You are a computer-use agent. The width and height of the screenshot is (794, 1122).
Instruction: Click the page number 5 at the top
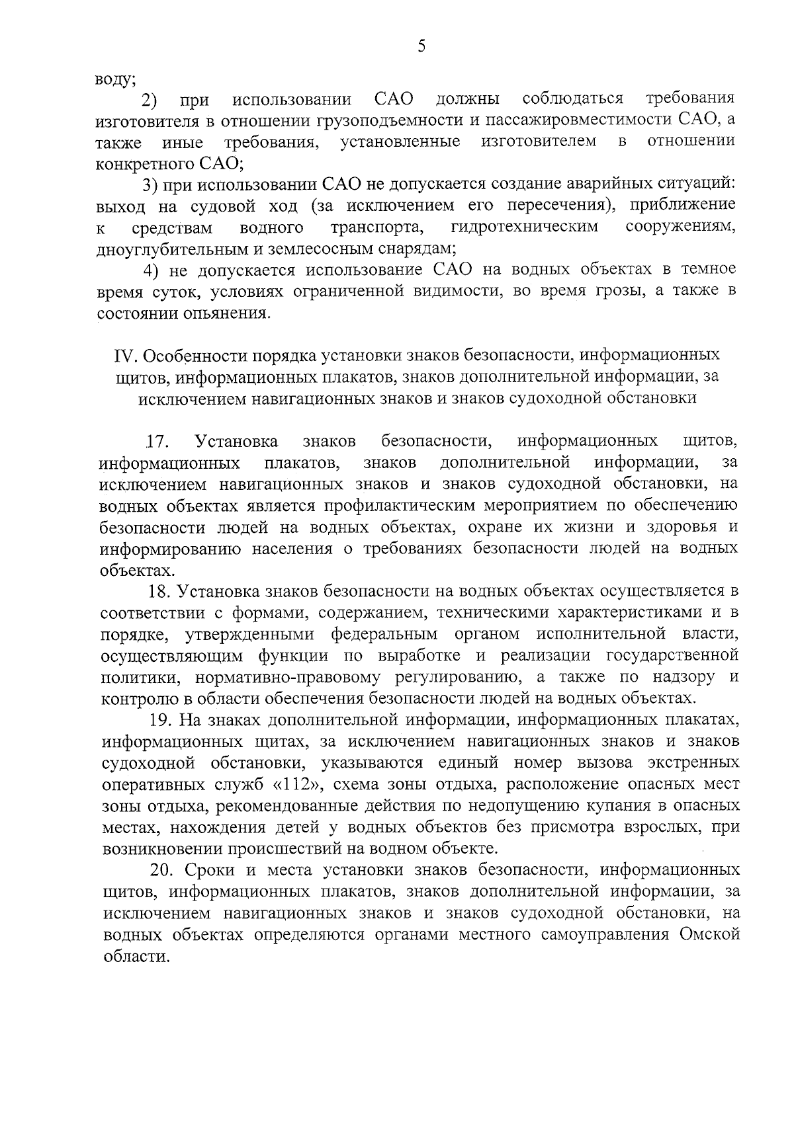pos(421,46)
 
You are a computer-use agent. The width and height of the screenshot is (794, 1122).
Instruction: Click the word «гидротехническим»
pos(524,228)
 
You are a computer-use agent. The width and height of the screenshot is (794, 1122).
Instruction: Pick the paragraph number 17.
pos(159,441)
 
